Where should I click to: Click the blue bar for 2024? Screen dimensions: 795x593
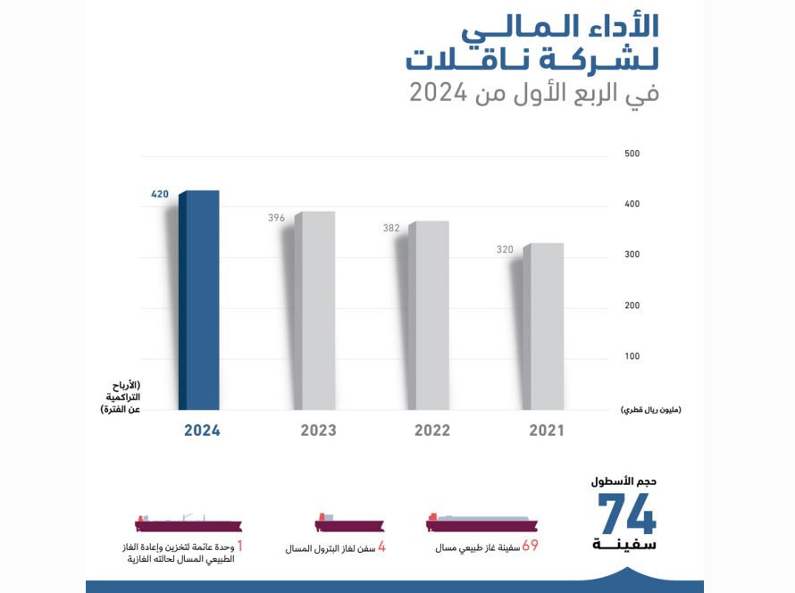coord(198,301)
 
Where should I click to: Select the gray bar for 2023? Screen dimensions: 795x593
coord(314,311)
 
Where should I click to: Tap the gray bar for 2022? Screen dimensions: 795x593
coord(429,315)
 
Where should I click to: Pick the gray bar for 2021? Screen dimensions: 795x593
coord(543,326)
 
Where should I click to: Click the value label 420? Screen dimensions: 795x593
coord(160,194)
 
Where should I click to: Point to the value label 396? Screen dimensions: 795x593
coord(276,218)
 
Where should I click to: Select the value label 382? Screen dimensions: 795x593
coord(391,228)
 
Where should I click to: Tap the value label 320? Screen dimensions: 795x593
coord(505,249)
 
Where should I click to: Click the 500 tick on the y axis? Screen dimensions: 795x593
coord(632,154)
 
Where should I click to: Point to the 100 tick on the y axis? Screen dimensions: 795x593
coord(632,356)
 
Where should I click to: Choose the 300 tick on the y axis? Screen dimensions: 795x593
coord(632,255)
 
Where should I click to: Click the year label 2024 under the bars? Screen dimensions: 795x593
coord(202,430)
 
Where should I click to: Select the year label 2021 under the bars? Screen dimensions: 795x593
coord(547,430)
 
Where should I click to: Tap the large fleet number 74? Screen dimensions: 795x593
coord(627,514)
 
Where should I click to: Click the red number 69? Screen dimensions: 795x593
coord(530,546)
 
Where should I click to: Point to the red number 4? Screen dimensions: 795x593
coord(381,547)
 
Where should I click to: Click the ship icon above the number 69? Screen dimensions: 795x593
coord(481,523)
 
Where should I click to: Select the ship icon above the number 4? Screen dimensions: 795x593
coord(349,523)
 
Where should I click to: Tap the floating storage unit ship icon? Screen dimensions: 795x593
coord(188,523)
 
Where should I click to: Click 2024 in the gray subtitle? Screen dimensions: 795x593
coord(438,93)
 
